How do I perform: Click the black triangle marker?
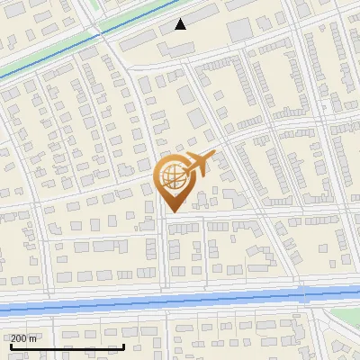[x=181, y=24]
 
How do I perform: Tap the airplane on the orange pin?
[x=196, y=164]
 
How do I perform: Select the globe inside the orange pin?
[x=171, y=175]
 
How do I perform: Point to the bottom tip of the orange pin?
[x=171, y=211]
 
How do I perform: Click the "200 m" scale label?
[x=23, y=338]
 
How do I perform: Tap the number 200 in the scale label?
[x=19, y=338]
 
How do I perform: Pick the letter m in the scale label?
[x=33, y=338]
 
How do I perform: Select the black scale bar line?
[x=67, y=346]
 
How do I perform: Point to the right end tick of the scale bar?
[x=123, y=345]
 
